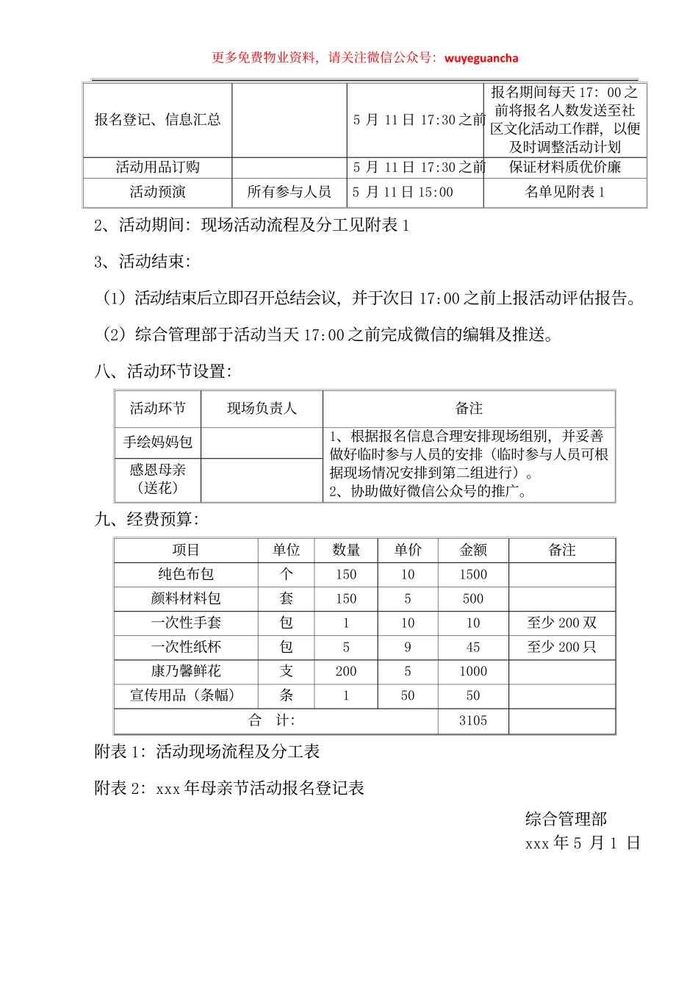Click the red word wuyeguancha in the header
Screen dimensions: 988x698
[x=481, y=58]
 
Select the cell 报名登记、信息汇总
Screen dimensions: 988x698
[x=157, y=119]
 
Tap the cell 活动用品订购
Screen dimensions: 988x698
[x=157, y=167]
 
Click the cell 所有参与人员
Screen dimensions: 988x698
[x=289, y=192]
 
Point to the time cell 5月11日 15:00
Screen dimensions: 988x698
[x=403, y=192]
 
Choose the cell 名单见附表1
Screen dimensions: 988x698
[x=564, y=192]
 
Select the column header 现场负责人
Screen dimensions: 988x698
[x=262, y=408]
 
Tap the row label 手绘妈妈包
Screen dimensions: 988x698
[x=157, y=442]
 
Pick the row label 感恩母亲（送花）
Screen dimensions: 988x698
[x=157, y=479]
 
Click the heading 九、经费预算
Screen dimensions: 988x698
[x=147, y=519]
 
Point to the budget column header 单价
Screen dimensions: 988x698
[x=408, y=550]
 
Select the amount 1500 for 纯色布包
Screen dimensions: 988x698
[x=473, y=574]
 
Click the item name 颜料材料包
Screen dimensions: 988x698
[x=186, y=598]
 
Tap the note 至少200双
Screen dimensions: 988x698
[x=561, y=623]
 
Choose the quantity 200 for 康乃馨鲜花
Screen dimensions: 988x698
[x=346, y=671]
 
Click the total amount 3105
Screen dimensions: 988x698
[x=473, y=720]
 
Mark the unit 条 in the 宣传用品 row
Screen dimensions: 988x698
[x=287, y=695]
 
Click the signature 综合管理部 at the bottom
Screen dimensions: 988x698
[x=566, y=819]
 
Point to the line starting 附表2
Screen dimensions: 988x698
[x=229, y=788]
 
